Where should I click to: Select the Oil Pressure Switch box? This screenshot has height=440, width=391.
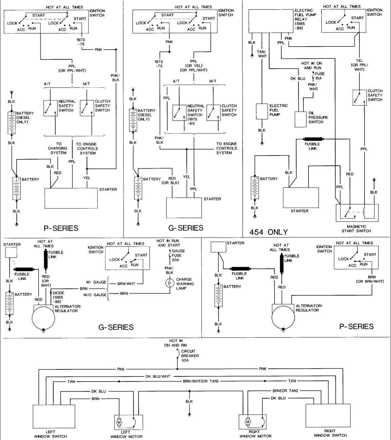300,119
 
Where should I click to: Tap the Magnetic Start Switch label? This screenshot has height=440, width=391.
356,229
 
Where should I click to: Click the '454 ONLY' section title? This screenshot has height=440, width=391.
268,232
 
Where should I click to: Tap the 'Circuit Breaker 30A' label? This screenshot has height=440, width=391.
190,356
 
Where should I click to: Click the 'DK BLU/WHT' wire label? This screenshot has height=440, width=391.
158,376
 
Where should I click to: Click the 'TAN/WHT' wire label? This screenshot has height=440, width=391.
261,54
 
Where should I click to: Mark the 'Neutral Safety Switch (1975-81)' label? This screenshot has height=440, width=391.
196,115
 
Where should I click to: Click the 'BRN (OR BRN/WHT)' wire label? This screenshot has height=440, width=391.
370,279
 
